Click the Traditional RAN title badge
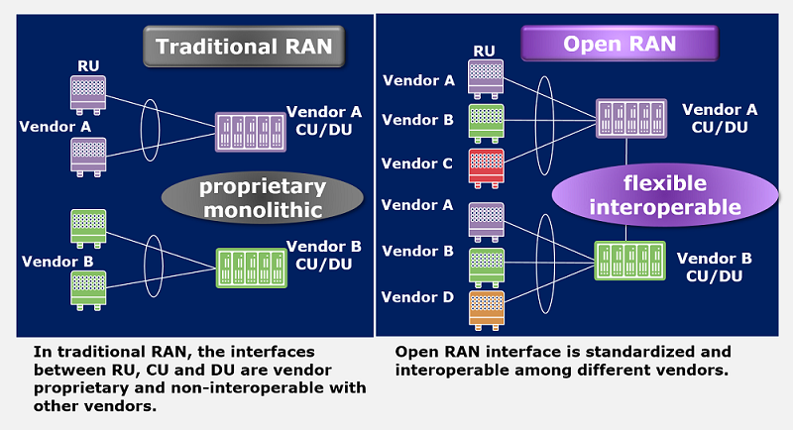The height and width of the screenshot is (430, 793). [243, 46]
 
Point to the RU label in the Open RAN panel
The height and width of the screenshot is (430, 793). [484, 51]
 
